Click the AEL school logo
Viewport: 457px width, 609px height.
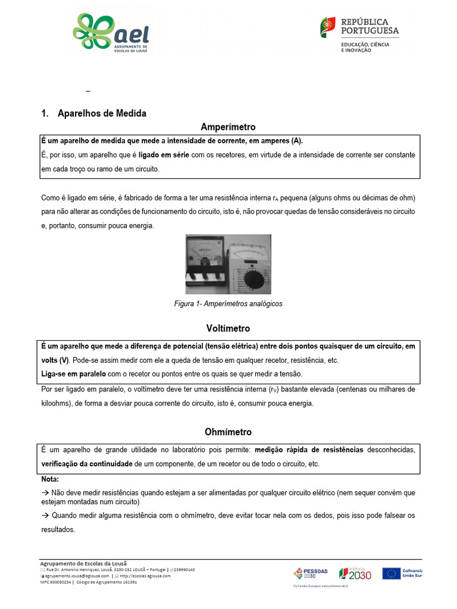pos(111,34)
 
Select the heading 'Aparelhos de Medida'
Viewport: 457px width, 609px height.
pos(102,113)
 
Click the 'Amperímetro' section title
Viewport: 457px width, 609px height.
pos(228,127)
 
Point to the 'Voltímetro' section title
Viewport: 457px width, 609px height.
pos(228,328)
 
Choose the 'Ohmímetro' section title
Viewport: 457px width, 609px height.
pos(228,432)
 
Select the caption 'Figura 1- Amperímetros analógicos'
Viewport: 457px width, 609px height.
pos(228,303)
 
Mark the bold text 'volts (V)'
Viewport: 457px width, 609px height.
pos(55,360)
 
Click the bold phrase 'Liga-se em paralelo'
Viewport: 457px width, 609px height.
pos(73,373)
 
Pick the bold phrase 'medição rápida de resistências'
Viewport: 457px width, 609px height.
pos(309,450)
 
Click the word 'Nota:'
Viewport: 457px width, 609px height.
pos(50,479)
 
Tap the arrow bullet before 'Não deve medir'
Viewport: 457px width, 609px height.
pos(45,493)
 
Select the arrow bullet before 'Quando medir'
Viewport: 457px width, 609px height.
pos(45,516)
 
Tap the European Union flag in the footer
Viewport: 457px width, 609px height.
pos(392,573)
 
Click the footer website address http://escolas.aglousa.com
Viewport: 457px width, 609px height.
pos(143,576)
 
